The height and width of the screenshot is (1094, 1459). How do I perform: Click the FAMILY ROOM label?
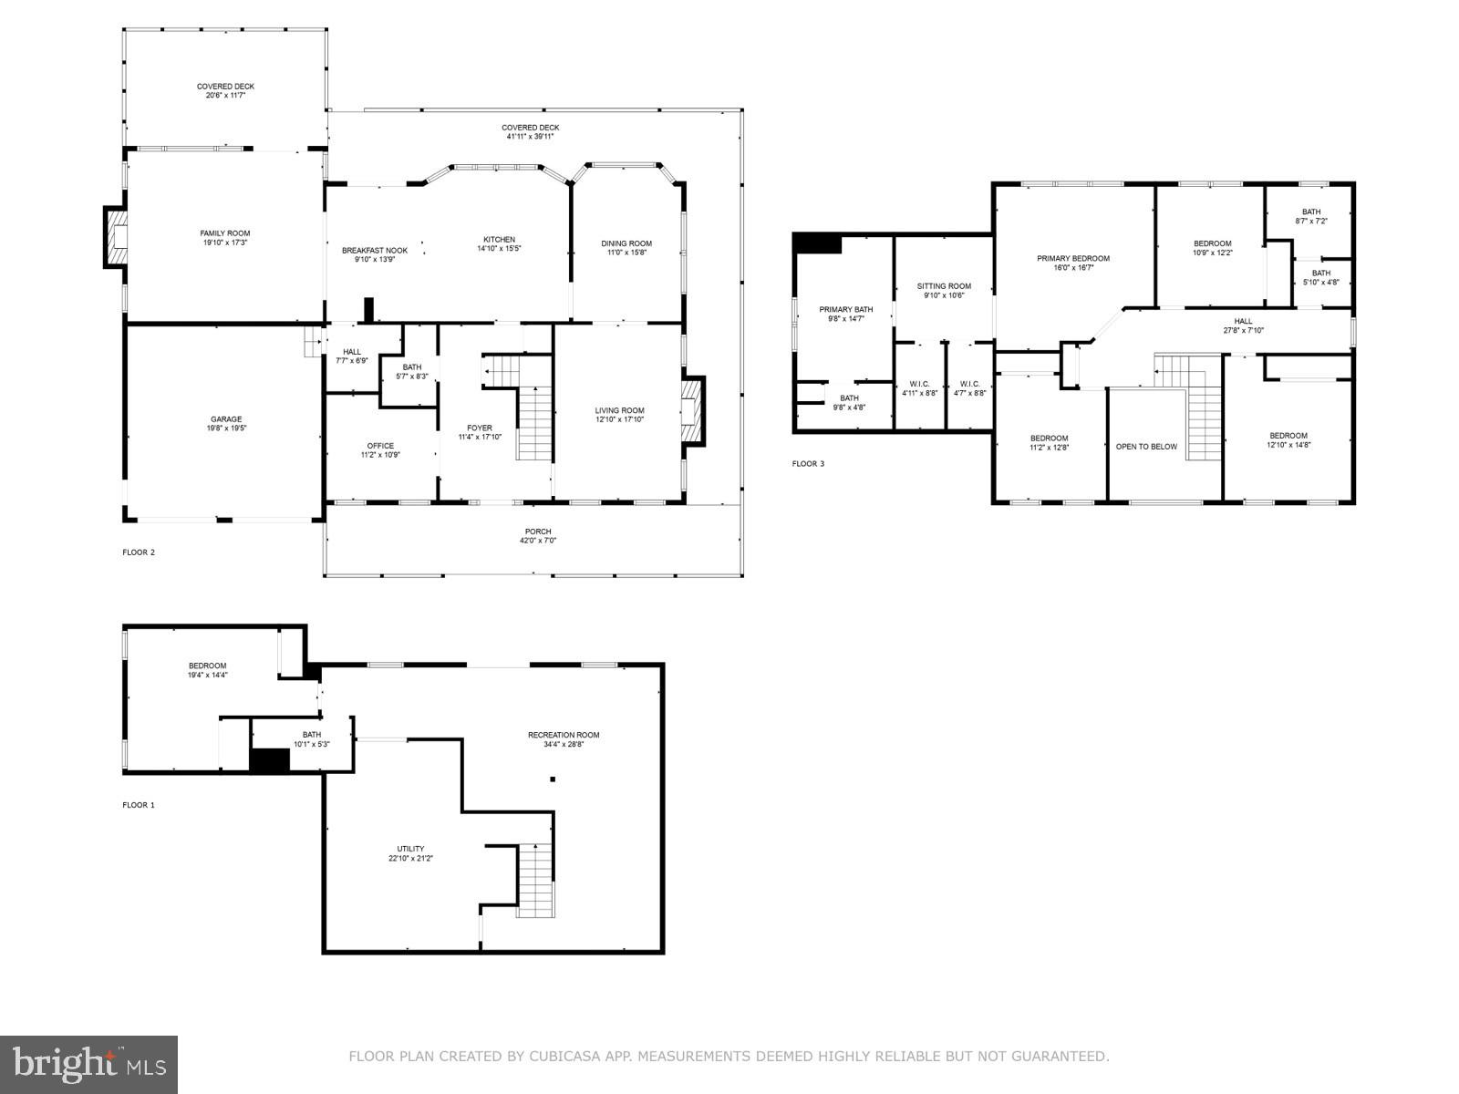(x=225, y=233)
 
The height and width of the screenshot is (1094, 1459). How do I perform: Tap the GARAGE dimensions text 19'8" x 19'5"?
(x=226, y=428)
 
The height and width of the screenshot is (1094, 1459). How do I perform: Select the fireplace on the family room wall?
(x=115, y=237)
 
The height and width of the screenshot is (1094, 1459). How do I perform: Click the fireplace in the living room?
(x=692, y=411)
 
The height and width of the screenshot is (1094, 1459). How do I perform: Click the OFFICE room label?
(x=380, y=446)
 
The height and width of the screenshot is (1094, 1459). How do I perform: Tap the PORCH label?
(x=538, y=532)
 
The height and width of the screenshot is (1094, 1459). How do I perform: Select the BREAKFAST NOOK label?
(x=375, y=250)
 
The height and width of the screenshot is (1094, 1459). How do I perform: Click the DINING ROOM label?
(x=626, y=243)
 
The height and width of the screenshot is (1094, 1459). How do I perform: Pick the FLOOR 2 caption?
(x=139, y=552)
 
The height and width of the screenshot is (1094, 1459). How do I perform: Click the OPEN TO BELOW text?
(x=1146, y=447)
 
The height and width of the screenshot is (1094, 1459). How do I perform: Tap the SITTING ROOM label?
(x=944, y=286)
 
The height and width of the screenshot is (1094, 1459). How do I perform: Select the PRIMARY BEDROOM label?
(x=1073, y=258)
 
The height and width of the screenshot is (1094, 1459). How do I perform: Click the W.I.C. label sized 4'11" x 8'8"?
(x=919, y=384)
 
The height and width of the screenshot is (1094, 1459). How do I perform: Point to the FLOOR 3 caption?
(x=808, y=463)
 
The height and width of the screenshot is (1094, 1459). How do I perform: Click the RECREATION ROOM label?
(x=564, y=735)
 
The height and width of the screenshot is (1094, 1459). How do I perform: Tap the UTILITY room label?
(x=410, y=849)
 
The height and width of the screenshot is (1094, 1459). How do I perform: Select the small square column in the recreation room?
(x=552, y=779)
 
